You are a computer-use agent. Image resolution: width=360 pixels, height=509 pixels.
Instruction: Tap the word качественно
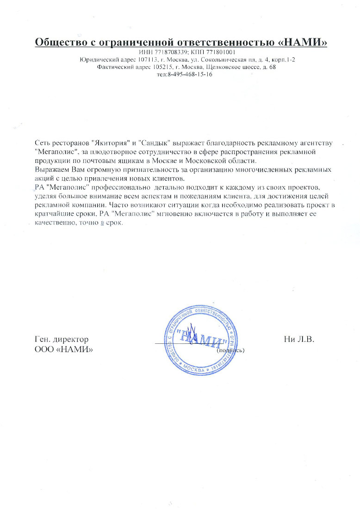pyautogui.click(x=54, y=222)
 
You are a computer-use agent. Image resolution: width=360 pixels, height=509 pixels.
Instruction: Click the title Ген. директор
pyautogui.click(x=62, y=340)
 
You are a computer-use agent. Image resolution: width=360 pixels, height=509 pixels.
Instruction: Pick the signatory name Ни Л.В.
pyautogui.click(x=299, y=340)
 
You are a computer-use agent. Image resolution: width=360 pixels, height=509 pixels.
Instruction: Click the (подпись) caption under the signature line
pyautogui.click(x=230, y=350)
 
